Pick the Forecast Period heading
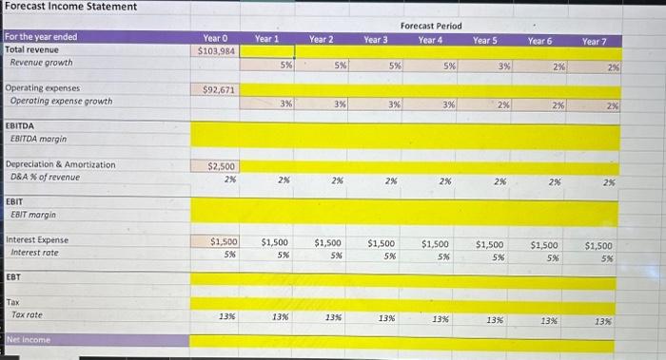(431, 26)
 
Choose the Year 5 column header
(485, 40)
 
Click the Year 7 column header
(595, 42)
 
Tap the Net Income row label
(30, 339)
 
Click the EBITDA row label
(21, 125)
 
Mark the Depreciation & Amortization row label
(61, 164)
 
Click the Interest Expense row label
(38, 240)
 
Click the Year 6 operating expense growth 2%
(557, 105)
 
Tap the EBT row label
(13, 277)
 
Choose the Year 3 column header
(376, 40)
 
